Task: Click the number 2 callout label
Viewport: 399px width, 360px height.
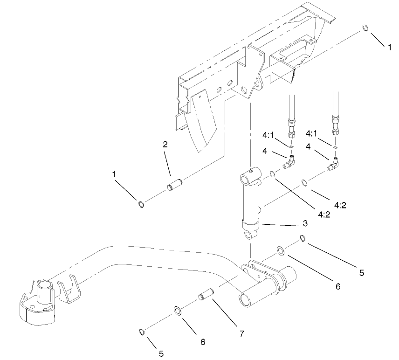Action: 165,145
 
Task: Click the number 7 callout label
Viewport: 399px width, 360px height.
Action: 241,333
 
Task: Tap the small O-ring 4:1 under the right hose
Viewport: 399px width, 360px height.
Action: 335,147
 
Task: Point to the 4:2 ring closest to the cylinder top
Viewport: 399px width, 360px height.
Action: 272,174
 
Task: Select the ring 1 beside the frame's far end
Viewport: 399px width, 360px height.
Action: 366,29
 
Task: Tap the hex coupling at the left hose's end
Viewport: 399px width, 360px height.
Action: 291,126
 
